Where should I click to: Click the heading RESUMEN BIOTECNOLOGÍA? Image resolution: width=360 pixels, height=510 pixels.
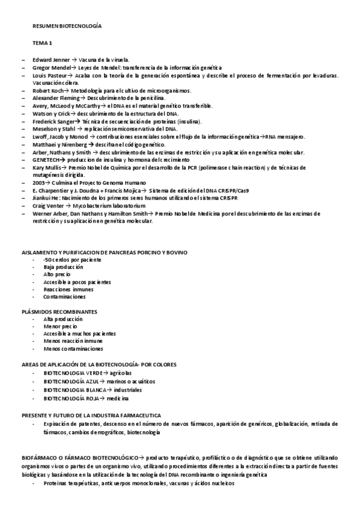(67, 27)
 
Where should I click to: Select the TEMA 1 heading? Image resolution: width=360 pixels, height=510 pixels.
(42, 43)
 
